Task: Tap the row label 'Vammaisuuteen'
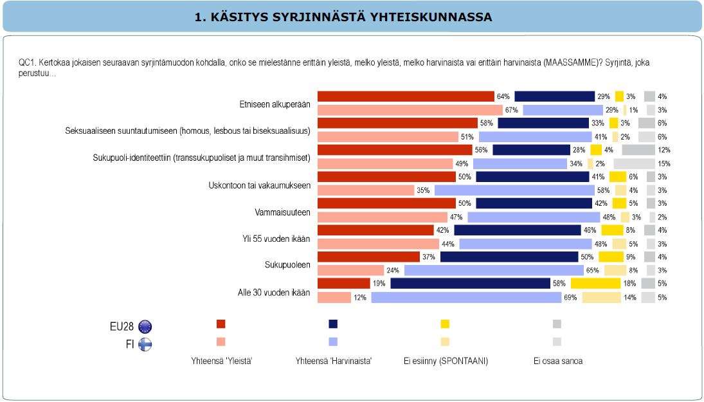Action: [283, 212]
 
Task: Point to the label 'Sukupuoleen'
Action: [287, 265]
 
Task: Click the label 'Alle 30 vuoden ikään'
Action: [275, 292]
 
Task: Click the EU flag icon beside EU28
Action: [145, 326]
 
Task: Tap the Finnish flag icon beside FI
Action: [145, 343]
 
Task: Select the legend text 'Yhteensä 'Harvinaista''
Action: [332, 361]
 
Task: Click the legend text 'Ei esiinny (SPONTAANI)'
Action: [446, 361]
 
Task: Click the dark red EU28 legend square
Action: [221, 324]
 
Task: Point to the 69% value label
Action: [570, 297]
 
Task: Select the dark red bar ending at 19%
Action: [344, 284]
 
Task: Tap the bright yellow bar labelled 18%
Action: [595, 284]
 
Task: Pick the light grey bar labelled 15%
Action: [634, 163]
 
